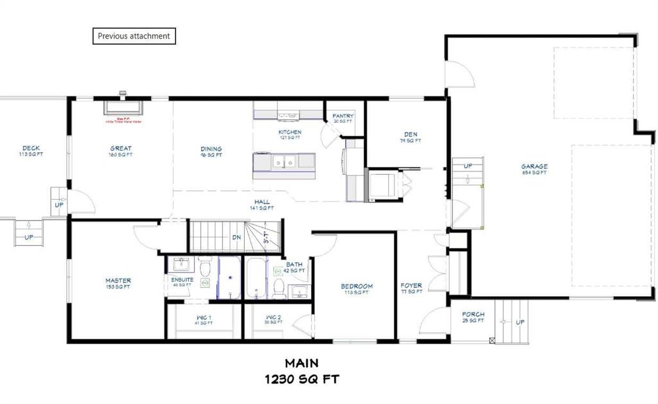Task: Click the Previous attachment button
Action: (x=134, y=36)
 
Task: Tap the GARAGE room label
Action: (x=534, y=167)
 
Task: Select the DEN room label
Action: (x=411, y=135)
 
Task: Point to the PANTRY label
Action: (x=343, y=116)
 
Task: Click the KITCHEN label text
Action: (x=290, y=133)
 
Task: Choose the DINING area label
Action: (x=211, y=149)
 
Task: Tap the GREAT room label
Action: (x=121, y=149)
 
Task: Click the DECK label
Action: (x=31, y=149)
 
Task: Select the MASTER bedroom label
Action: (x=118, y=281)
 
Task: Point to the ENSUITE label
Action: (x=182, y=280)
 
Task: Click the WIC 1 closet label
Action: (x=204, y=317)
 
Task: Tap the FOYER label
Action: (x=411, y=286)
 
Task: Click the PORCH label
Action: (x=473, y=315)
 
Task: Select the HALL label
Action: (x=262, y=202)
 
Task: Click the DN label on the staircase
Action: (x=236, y=237)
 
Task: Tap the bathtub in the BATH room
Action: (x=256, y=278)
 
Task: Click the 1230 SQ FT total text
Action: (x=301, y=379)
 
